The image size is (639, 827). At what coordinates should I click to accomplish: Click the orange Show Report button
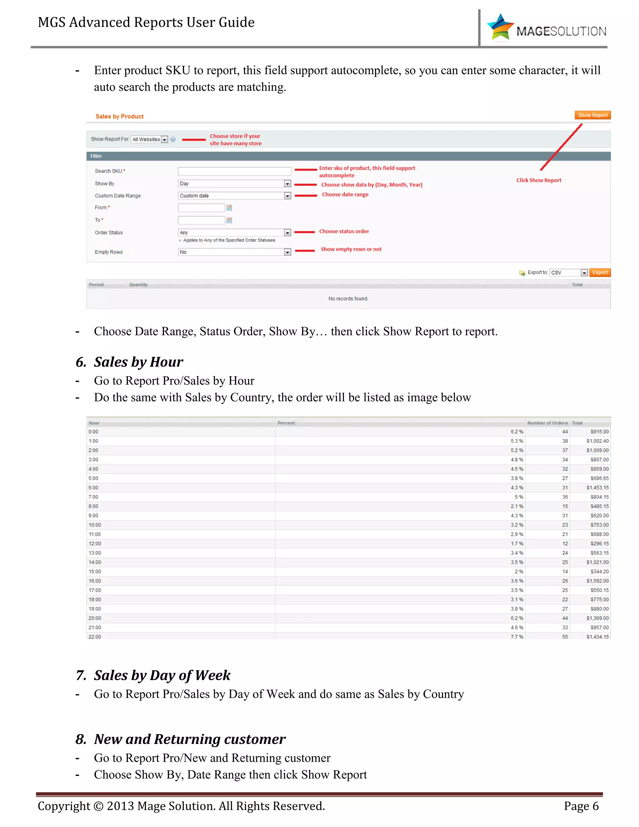[x=592, y=115]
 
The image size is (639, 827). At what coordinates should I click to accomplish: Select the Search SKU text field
[x=234, y=171]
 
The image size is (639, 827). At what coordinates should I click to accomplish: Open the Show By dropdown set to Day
[x=234, y=184]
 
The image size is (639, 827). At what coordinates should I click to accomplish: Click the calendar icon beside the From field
[x=229, y=208]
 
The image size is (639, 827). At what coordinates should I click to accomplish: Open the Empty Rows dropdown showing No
[x=234, y=252]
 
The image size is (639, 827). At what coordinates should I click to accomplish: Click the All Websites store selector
[x=149, y=139]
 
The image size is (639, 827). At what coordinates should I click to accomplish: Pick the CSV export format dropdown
[x=568, y=273]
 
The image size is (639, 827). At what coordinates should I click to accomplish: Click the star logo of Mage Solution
[x=500, y=27]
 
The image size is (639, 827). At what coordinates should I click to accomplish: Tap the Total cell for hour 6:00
[x=598, y=488]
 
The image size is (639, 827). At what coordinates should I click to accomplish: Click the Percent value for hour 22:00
[x=517, y=637]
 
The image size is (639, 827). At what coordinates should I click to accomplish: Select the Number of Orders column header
[x=547, y=423]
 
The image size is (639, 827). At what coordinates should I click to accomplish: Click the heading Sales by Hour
[x=138, y=362]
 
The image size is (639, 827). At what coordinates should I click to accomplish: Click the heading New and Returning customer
[x=189, y=739]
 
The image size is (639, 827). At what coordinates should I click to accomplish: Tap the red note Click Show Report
[x=538, y=180]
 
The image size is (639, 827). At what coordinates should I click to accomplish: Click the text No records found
[x=348, y=299]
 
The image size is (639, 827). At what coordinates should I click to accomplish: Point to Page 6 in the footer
[x=581, y=806]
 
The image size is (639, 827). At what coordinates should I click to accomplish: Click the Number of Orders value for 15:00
[x=565, y=572]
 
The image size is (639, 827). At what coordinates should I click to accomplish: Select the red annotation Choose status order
[x=344, y=231]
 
